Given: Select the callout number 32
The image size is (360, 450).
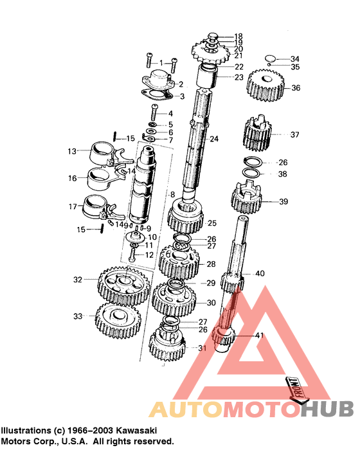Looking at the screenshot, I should pyautogui.click(x=78, y=280).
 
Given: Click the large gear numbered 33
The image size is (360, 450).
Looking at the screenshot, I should pyautogui.click(x=118, y=319).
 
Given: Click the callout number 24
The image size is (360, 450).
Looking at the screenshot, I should pyautogui.click(x=213, y=139).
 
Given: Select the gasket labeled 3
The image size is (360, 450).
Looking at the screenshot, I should pyautogui.click(x=157, y=98).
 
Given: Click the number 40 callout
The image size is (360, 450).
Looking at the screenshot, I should pyautogui.click(x=260, y=274).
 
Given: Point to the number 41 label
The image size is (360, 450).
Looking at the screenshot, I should pyautogui.click(x=258, y=336).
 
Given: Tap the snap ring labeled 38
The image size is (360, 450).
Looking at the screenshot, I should pyautogui.click(x=255, y=174).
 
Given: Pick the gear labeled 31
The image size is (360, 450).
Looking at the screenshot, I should pyautogui.click(x=167, y=347).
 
